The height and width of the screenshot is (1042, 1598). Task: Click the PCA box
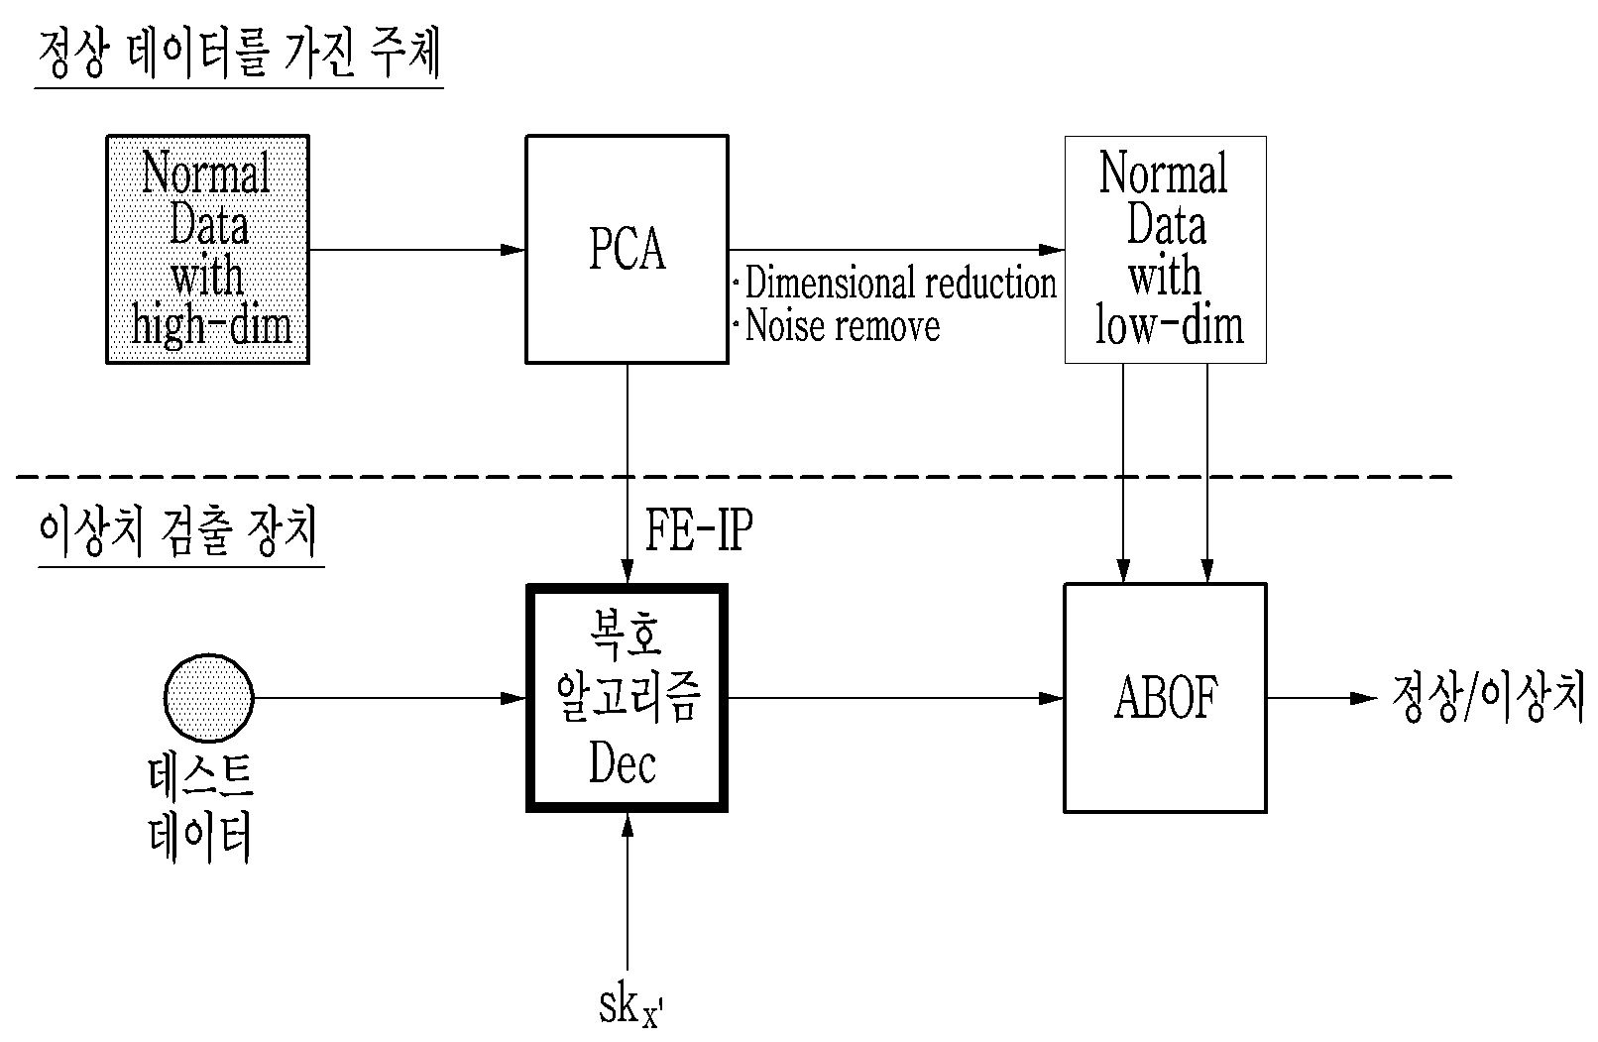coord(628,249)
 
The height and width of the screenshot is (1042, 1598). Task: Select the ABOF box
coord(1165,697)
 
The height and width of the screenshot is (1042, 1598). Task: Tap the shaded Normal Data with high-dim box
coord(207,249)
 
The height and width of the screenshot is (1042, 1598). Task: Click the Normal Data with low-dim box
coord(1165,249)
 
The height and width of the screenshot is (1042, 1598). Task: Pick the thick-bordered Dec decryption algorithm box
coord(628,697)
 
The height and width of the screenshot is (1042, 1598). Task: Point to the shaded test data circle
coord(208,697)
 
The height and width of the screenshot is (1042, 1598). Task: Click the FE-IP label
coord(699,529)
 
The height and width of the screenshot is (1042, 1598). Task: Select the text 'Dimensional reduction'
coord(900,282)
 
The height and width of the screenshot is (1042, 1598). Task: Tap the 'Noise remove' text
coord(842,325)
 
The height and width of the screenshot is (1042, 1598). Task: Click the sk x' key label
coord(630,1007)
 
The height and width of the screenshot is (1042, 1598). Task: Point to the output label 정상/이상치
coord(1488,696)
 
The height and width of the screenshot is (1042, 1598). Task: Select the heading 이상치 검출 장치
coord(178,531)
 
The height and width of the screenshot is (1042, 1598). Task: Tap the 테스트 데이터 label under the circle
coord(200,809)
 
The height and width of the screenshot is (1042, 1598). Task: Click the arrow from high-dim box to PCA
coord(417,250)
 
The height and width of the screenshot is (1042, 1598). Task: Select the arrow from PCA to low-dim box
coord(896,250)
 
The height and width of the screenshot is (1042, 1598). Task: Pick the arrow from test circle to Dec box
coord(390,698)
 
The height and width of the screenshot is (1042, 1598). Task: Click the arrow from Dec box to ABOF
coord(895,698)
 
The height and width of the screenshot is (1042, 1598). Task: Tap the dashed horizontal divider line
coord(735,476)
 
